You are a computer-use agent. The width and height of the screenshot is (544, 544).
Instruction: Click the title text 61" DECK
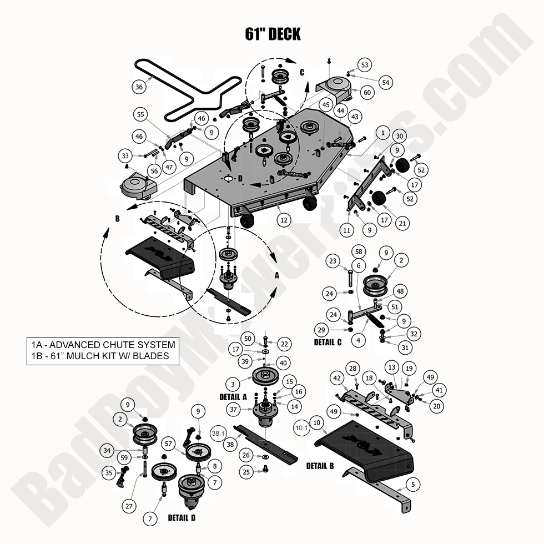click(273, 34)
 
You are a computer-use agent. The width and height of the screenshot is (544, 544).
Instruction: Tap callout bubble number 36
click(139, 87)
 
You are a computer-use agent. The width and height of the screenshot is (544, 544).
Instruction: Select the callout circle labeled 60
click(367, 93)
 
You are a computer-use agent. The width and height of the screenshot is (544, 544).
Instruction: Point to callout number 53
click(364, 65)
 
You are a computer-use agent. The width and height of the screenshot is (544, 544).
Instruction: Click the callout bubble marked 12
click(284, 220)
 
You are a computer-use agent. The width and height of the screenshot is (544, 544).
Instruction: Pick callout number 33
click(125, 157)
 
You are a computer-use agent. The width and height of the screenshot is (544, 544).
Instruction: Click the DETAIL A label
click(233, 397)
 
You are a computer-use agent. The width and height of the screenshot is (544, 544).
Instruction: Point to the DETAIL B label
click(320, 466)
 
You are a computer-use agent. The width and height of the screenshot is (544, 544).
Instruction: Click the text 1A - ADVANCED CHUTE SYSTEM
click(103, 345)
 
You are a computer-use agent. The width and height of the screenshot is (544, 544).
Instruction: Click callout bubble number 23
click(333, 261)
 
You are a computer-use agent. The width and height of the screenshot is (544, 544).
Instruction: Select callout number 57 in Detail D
click(168, 444)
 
